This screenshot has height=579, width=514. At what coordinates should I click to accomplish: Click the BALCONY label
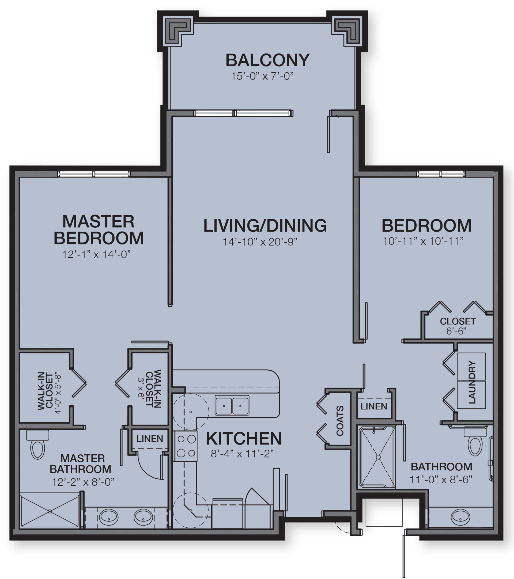[267, 60]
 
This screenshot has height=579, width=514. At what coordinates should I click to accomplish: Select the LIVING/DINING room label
[265, 226]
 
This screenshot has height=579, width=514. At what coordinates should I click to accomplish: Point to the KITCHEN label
[244, 439]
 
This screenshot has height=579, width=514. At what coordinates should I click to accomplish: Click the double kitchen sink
[232, 406]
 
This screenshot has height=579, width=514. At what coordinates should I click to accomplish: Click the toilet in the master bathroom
[38, 446]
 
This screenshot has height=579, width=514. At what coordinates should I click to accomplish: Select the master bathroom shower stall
[50, 511]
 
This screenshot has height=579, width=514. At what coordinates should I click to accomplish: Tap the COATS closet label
[340, 421]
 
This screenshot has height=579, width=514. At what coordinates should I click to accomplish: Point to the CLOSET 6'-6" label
[458, 326]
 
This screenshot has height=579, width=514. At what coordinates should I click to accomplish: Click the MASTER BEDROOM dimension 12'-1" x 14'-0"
[96, 254]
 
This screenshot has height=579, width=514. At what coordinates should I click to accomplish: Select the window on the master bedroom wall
[94, 174]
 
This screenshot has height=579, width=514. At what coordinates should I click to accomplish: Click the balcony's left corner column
[178, 31]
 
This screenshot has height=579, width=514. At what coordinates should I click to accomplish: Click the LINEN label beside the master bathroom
[150, 439]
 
